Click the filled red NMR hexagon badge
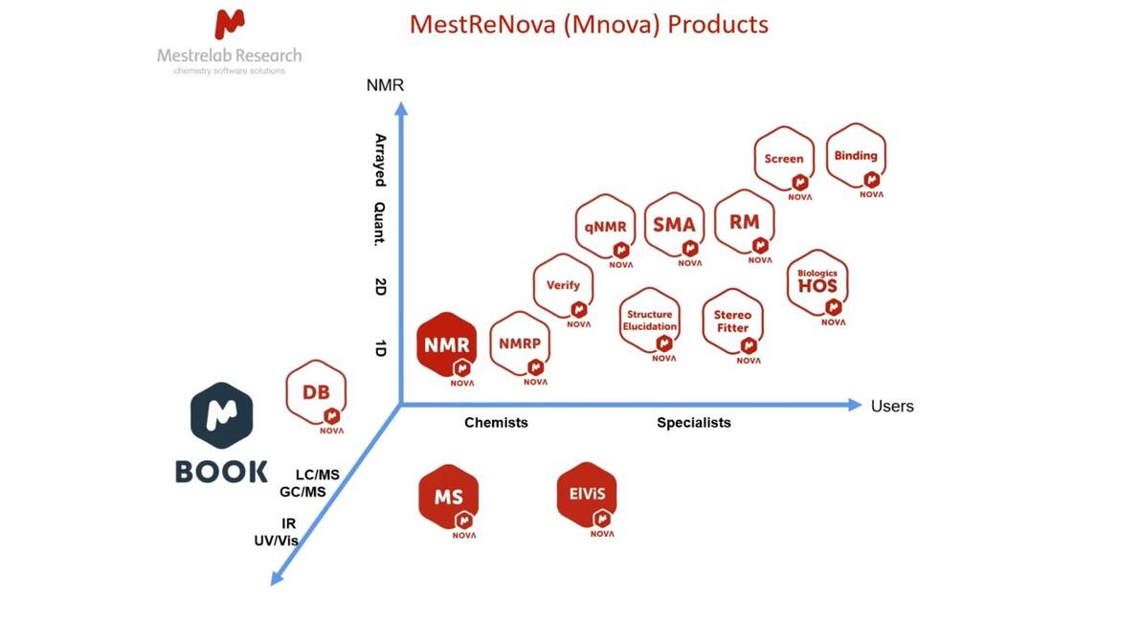(x=447, y=345)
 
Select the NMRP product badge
(x=520, y=345)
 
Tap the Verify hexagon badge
(x=563, y=287)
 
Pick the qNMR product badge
(x=606, y=228)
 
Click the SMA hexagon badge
(x=674, y=226)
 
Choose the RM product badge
(x=745, y=223)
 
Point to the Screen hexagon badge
(x=784, y=160)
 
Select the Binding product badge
(x=856, y=157)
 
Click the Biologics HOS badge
(x=817, y=282)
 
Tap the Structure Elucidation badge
(x=650, y=321)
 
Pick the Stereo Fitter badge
(x=733, y=322)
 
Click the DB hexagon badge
(x=317, y=394)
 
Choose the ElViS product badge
(x=587, y=497)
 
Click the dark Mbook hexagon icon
(x=222, y=416)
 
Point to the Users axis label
(x=892, y=406)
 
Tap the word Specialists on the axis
(x=694, y=422)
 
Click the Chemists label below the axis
(x=496, y=422)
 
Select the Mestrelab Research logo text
(x=229, y=55)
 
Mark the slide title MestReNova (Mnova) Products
(x=589, y=23)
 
